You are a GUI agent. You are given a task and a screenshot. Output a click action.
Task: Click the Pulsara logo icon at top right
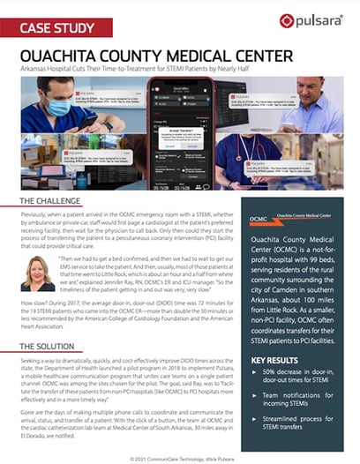pyautogui.click(x=287, y=20)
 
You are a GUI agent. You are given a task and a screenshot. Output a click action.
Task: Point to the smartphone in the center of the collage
pyautogui.click(x=181, y=123)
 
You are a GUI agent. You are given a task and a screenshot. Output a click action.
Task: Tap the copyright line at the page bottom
pyautogui.click(x=181, y=457)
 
